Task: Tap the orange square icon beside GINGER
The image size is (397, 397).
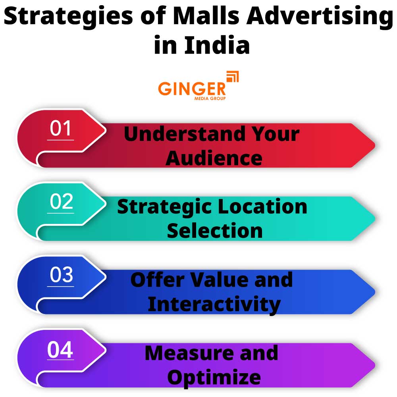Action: tap(232, 77)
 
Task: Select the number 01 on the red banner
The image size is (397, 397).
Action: tap(60, 129)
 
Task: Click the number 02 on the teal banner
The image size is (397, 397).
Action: tap(62, 202)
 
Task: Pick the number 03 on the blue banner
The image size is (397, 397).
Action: tap(62, 275)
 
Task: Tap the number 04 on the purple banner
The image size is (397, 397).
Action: tap(60, 350)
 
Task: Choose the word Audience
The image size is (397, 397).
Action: tap(214, 158)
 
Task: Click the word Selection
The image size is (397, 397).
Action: tap(214, 231)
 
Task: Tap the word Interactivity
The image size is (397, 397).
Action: tap(214, 304)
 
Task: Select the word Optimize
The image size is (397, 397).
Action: tap(214, 377)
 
